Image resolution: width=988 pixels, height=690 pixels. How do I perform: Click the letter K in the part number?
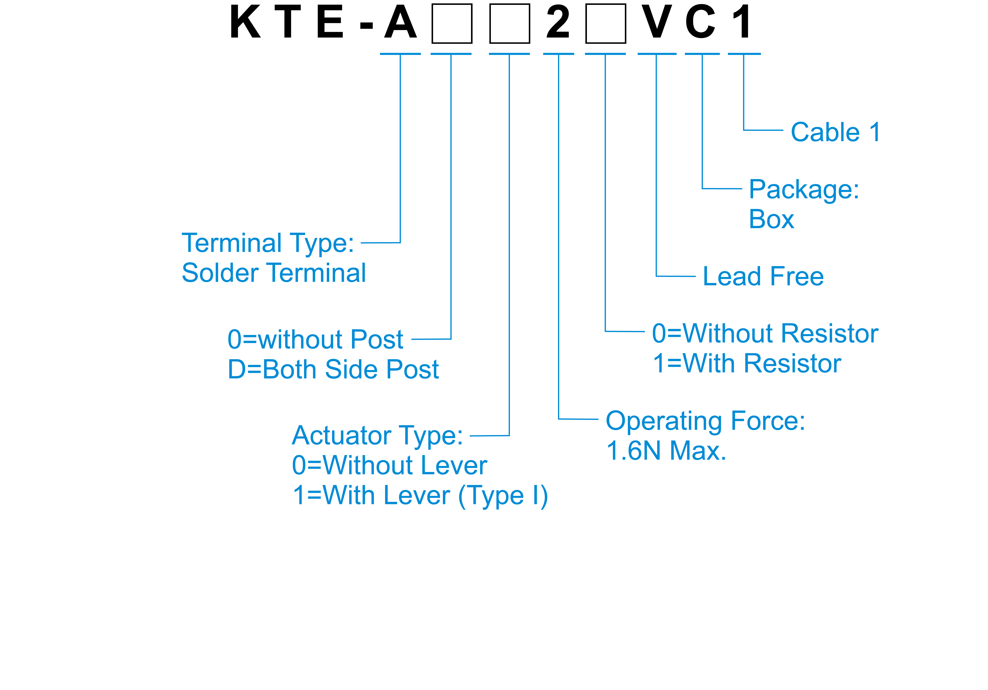[245, 22]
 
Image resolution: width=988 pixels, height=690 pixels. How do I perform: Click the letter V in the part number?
[656, 22]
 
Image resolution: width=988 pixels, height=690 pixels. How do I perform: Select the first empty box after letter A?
[452, 24]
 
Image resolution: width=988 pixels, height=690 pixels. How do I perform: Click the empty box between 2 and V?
[605, 24]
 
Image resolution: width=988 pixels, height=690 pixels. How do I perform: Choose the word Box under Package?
[771, 220]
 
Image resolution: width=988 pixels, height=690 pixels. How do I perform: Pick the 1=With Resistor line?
[747, 364]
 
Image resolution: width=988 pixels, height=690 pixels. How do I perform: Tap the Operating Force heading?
[705, 421]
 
